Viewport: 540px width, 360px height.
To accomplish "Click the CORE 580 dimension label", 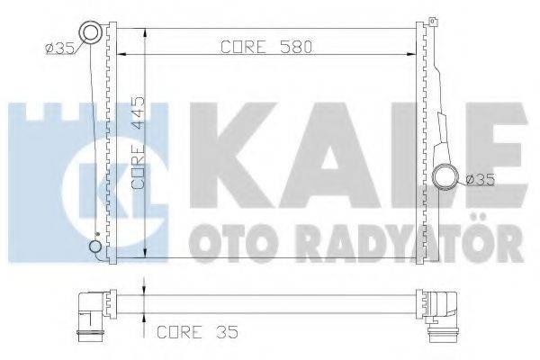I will click(x=265, y=49).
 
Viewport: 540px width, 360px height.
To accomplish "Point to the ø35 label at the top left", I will click(x=56, y=47).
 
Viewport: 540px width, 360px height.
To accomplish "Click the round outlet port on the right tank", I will click(x=444, y=176).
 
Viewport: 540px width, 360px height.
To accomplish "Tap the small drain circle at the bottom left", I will click(x=94, y=247).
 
